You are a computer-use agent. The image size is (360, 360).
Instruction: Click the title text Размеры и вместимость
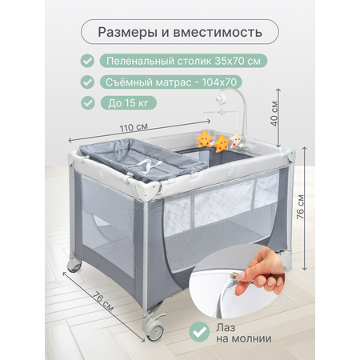180,32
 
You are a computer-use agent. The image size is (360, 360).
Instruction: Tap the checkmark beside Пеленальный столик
87,61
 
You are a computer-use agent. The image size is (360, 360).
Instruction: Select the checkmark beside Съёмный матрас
87,82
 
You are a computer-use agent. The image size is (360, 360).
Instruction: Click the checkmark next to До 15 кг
87,102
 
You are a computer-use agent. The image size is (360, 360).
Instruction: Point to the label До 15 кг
128,102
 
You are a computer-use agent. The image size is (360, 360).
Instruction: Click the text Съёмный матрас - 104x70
171,82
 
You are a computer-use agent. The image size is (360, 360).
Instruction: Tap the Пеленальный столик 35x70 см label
183,61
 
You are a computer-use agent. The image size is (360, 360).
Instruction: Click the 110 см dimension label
134,127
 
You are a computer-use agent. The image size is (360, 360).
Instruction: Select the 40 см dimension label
274,114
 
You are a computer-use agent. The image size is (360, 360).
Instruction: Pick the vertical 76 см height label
300,206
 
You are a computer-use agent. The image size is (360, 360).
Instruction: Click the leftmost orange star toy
204,138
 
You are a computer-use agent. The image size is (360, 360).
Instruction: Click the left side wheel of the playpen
74,265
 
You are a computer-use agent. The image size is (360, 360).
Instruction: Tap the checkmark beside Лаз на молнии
199,332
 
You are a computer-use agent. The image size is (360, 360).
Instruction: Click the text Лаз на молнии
244,333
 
